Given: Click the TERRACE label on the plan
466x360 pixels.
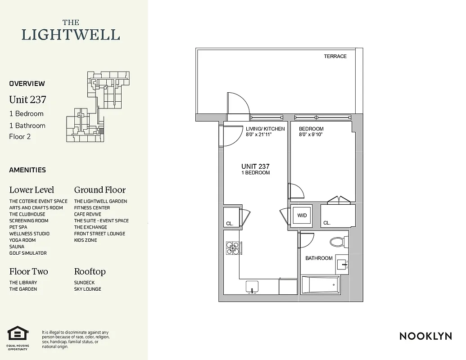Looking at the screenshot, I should pos(335,56).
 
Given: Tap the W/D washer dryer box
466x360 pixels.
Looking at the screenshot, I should pos(302,216).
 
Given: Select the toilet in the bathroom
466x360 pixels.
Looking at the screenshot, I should pos(337,242).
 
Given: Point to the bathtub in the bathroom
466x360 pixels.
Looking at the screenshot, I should pos(320,284).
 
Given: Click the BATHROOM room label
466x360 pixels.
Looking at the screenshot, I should pos(319,258).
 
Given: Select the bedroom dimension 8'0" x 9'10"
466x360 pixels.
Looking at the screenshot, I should pos(311,135).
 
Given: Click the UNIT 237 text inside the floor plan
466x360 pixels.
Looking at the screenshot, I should pos(255,166).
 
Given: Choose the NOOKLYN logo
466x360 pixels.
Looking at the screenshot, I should pos(425,336).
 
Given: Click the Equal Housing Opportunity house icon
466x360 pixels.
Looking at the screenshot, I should pos(18,334).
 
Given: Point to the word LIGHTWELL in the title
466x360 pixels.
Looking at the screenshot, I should pos(71,35).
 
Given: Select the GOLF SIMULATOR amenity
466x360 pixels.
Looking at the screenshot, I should pos(28,253).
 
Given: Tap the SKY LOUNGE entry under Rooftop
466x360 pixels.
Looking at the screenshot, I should pos(88,289).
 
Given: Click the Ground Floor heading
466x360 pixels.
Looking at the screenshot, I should pos(100,190).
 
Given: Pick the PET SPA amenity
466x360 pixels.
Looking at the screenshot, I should pos(18,227).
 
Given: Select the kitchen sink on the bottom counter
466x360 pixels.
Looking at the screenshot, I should pos(252,286).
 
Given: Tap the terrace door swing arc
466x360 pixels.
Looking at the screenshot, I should pos(239,103).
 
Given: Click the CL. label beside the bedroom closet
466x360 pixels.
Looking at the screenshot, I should pos(327,223).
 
